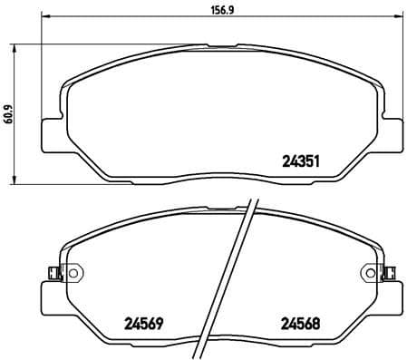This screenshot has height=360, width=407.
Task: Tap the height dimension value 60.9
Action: (9, 115)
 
